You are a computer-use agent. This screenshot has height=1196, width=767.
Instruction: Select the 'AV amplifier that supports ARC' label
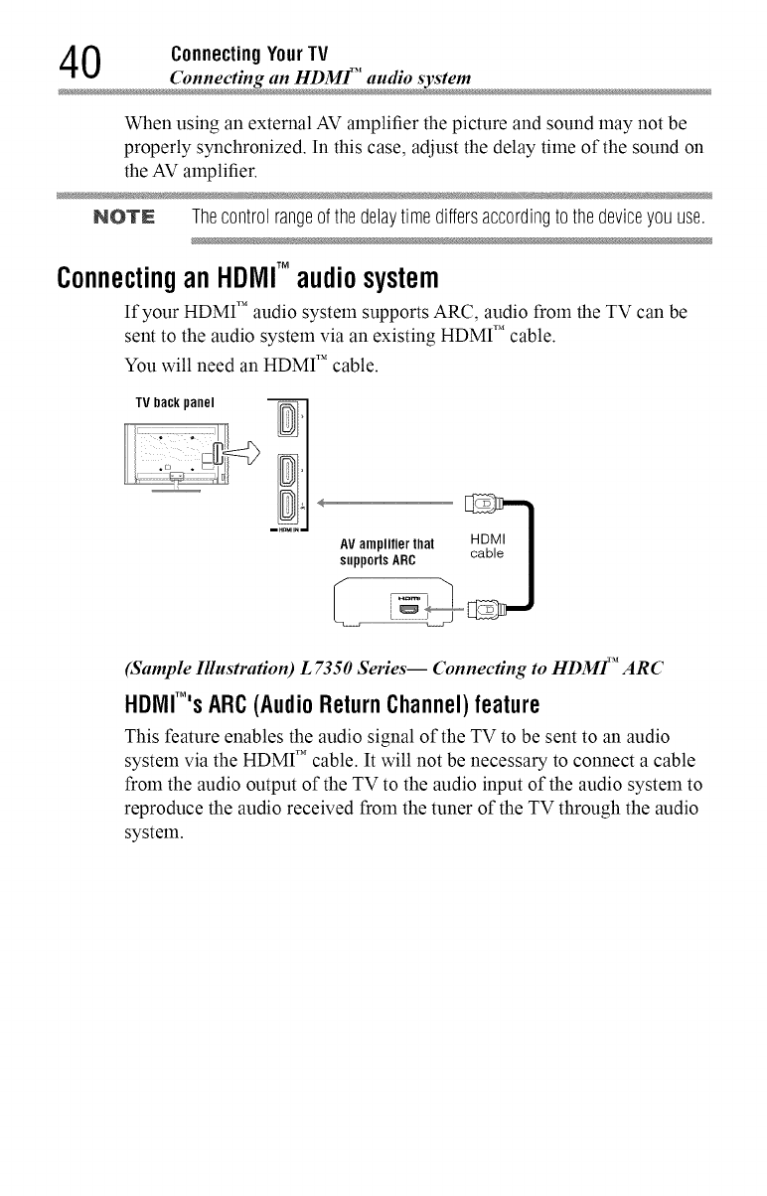381,550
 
